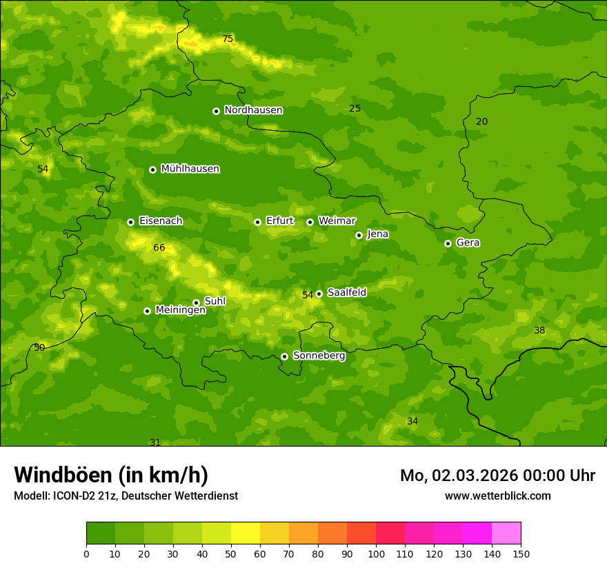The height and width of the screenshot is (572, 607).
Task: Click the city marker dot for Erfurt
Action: click(x=257, y=222)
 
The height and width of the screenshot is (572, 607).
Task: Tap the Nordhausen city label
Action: click(x=253, y=110)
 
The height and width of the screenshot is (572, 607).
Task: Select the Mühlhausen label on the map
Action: click(x=190, y=169)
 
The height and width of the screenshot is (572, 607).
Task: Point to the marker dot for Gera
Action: click(x=448, y=243)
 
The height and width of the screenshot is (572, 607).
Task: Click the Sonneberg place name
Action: click(x=319, y=356)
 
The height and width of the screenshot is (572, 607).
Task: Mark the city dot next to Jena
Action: click(x=359, y=235)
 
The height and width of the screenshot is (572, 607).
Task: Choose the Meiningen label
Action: click(x=180, y=310)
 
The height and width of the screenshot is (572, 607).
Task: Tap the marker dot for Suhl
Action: click(x=196, y=303)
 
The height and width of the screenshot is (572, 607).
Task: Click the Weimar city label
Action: click(x=337, y=221)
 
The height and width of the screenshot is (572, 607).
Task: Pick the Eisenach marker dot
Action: click(x=130, y=222)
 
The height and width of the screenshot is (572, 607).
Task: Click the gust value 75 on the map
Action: click(x=228, y=39)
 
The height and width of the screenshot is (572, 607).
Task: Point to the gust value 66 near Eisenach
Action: click(x=159, y=248)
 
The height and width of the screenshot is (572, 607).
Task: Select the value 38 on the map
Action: click(x=539, y=331)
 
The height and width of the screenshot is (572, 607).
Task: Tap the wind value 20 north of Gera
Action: click(x=481, y=122)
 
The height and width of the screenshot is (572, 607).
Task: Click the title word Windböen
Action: click(x=63, y=475)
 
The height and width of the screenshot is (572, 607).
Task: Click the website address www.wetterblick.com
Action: click(x=497, y=496)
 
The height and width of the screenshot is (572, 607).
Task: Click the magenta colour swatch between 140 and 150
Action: click(x=506, y=533)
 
